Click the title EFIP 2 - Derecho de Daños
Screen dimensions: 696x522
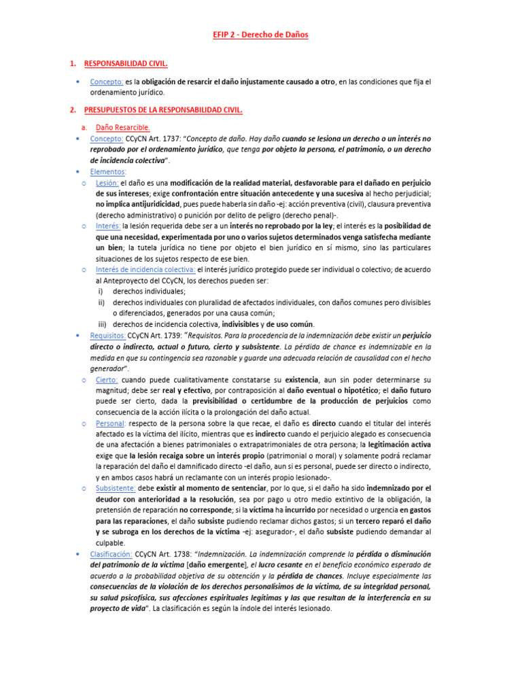tap(261, 34)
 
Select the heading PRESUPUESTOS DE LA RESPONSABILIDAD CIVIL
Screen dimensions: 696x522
tap(163, 109)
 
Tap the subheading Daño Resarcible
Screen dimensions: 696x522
tap(122, 126)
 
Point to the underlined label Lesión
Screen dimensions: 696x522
tap(107, 183)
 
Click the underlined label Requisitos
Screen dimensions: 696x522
tap(107, 335)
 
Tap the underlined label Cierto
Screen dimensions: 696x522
tap(107, 379)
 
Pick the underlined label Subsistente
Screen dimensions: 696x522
tap(116, 488)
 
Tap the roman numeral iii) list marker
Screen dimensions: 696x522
tap(103, 324)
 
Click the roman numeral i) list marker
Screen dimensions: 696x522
tap(101, 292)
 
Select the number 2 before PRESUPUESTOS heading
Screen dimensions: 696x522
tap(73, 109)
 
